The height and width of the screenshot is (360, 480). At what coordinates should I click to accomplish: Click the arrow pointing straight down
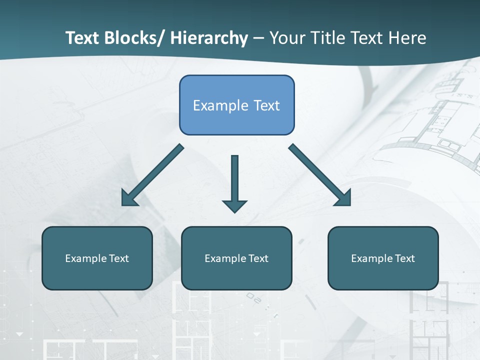[x=234, y=180]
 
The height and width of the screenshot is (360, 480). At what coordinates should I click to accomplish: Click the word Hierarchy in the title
[x=208, y=38]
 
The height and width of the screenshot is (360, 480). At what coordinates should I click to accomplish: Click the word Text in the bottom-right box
[x=404, y=258]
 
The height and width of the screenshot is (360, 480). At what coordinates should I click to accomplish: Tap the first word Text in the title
[x=83, y=38]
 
